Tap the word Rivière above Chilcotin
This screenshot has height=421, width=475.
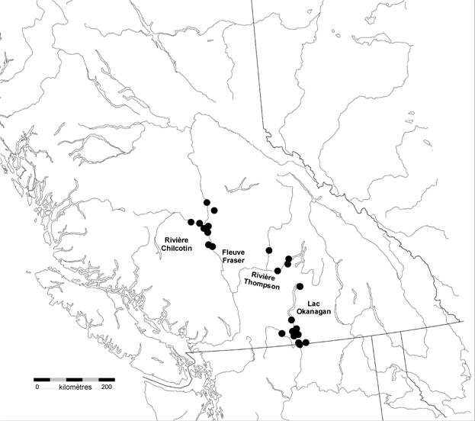coord(177,239)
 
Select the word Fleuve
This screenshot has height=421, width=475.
coord(233,251)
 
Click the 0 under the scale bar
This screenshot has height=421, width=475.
coord(36,387)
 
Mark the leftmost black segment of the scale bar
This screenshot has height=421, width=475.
coord(43,379)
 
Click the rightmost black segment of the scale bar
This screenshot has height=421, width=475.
coord(107,379)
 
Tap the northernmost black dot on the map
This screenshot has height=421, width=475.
coord(206,202)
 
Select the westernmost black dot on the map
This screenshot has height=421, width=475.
coord(191,222)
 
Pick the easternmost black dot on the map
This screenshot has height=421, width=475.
coord(307,342)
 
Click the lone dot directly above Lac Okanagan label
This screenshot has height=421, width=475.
coord(300,286)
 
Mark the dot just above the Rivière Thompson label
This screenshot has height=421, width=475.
coord(278,271)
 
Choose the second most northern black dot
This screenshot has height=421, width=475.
coord(215,210)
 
